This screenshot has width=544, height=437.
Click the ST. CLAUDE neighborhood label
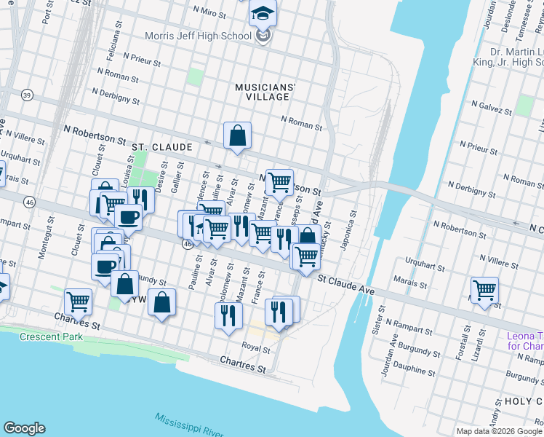point(161,146)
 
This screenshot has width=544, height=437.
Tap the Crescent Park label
point(51,336)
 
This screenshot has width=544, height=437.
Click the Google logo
point(24,428)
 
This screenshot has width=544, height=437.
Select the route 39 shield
point(28,95)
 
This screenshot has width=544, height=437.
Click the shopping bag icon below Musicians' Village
point(237,135)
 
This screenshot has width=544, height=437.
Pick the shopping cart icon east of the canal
point(484,291)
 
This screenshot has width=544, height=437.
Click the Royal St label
point(255,347)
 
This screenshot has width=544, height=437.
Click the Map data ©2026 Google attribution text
point(498,431)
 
